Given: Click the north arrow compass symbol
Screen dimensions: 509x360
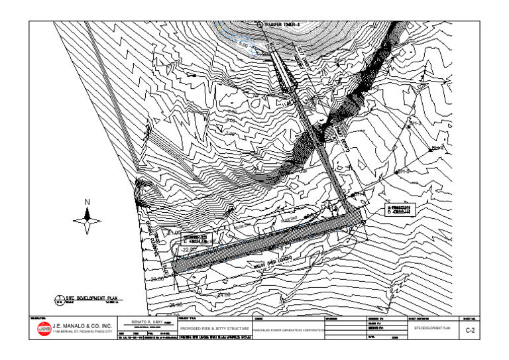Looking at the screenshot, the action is pyautogui.click(x=87, y=220).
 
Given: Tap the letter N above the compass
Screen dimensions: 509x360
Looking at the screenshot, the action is pyautogui.click(x=87, y=202).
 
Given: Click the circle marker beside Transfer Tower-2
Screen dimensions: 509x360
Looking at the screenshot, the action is pyautogui.click(x=259, y=25).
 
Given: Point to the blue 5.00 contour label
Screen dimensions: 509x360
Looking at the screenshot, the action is pyautogui.click(x=245, y=44).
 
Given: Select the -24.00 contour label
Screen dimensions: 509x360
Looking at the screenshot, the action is pyautogui.click(x=158, y=280).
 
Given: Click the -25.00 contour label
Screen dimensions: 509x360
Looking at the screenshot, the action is pyautogui.click(x=174, y=304).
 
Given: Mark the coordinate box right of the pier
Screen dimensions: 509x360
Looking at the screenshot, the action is pyautogui.click(x=400, y=210).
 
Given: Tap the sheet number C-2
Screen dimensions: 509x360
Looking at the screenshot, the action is pyautogui.click(x=470, y=330).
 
